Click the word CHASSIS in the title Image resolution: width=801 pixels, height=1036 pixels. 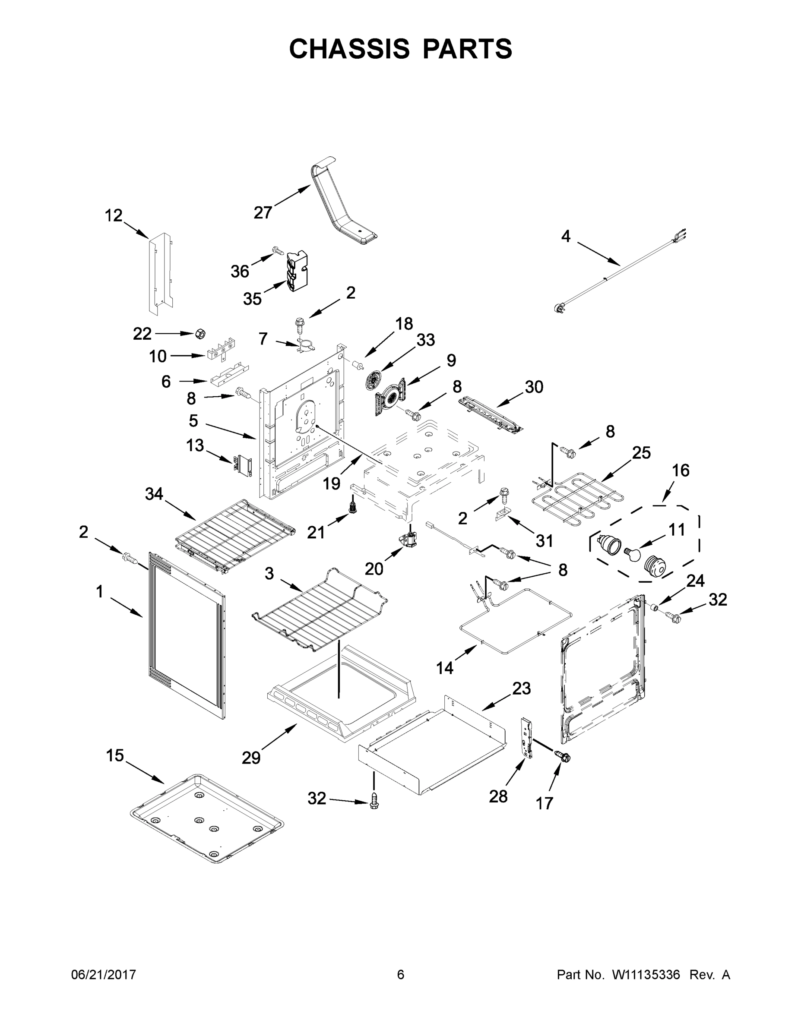click(x=349, y=49)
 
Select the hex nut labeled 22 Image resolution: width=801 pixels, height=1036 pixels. click(x=200, y=334)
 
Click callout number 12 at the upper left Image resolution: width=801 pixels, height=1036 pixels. click(x=114, y=216)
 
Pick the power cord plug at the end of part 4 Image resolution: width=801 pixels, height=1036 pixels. click(x=561, y=309)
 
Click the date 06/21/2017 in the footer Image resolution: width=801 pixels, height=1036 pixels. click(x=104, y=974)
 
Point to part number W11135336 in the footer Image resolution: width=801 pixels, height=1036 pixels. click(x=646, y=974)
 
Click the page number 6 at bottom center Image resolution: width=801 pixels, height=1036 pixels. click(x=401, y=974)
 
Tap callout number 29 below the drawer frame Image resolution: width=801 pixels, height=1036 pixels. click(x=251, y=758)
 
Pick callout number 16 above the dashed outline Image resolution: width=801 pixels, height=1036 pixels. click(x=681, y=470)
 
